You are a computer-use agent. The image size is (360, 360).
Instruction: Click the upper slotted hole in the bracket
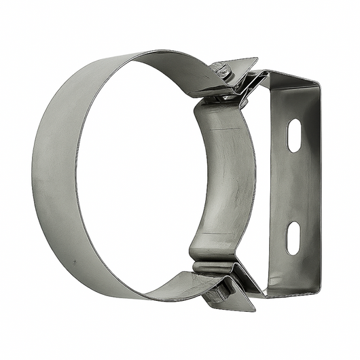point(293,136)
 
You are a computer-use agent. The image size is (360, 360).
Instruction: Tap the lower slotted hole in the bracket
point(293,238)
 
